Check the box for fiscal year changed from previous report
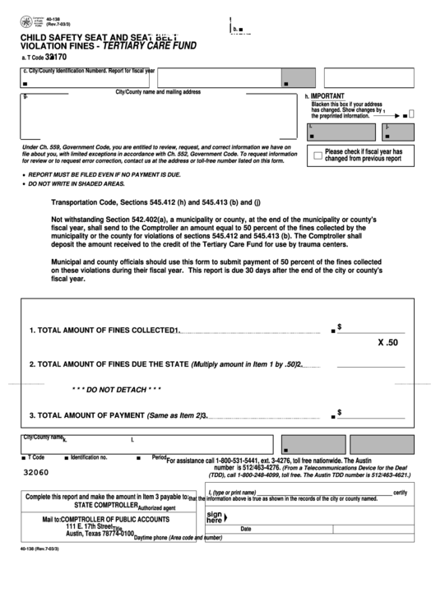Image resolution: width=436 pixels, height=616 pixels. point(317,155)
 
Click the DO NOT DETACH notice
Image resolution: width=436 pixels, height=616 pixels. point(116,388)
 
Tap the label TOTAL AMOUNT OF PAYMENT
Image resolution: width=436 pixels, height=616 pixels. point(91,416)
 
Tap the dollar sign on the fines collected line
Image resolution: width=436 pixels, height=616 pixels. point(339,327)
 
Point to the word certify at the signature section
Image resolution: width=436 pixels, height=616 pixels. point(400,492)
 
